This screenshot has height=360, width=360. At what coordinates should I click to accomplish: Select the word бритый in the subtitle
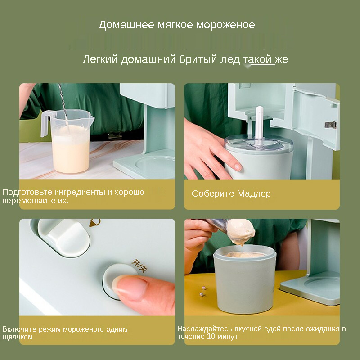pos(198,59)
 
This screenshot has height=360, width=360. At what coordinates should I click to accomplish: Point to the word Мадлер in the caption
pos(254,194)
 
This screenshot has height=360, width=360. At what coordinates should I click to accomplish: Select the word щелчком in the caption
pos(18,337)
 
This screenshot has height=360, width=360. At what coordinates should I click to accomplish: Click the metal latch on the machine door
pos(330,125)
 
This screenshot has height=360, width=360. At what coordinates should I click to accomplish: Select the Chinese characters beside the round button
pos(139,265)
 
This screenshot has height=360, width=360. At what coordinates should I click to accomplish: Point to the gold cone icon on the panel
pos(95,223)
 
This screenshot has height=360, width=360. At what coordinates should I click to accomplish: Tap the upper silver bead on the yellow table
pos(203,288)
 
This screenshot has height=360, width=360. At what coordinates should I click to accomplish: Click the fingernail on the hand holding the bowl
pos(238,167)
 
